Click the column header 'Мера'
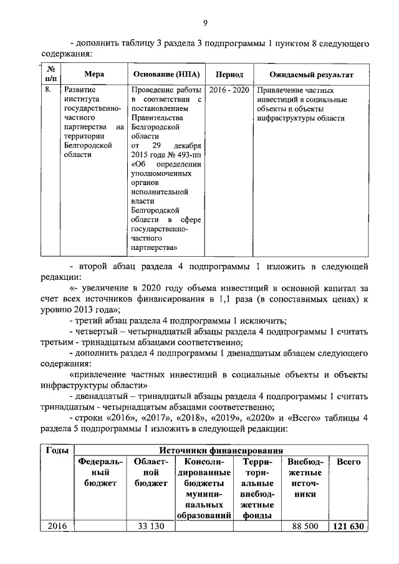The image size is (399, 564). coord(94,74)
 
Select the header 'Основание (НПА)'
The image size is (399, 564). coord(165,74)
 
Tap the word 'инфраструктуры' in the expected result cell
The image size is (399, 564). coord(286,118)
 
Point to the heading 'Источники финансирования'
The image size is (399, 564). coord(221,451)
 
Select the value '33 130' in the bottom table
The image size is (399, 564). coord(150,527)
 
